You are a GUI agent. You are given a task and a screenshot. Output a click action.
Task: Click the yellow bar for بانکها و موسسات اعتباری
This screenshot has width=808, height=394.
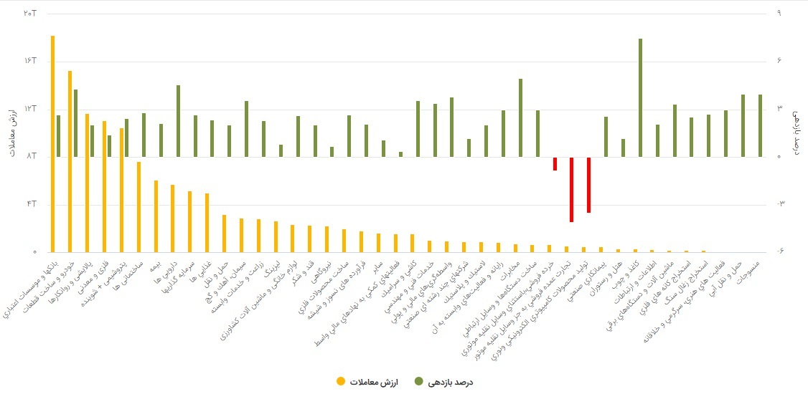click(x=52, y=143)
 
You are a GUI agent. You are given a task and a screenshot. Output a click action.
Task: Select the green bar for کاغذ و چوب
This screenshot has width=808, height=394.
click(x=640, y=97)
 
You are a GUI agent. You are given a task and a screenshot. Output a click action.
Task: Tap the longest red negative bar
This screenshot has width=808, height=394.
click(x=571, y=189)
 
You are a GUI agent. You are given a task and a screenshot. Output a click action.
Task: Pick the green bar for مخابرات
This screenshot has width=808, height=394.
click(x=520, y=117)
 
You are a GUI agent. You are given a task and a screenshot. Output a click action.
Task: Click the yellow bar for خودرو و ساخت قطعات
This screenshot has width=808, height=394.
click(x=70, y=161)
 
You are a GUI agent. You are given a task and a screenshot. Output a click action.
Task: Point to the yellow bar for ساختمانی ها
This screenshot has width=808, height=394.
click(x=138, y=207)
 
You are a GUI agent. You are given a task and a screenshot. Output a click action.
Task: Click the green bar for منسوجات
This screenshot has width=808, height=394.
click(x=761, y=125)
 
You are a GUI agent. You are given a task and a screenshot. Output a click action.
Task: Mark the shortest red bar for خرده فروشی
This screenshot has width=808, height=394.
click(x=555, y=163)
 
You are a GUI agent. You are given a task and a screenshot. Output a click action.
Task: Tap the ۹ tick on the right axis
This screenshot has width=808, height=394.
click(x=779, y=14)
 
